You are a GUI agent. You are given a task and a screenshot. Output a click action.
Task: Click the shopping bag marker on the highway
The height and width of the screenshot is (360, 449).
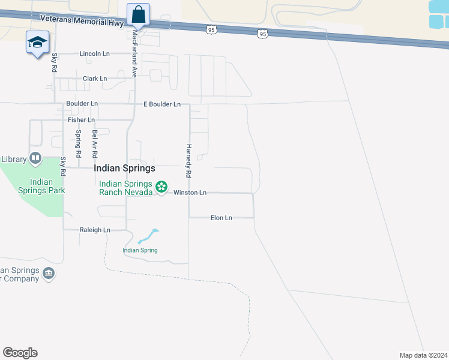138,14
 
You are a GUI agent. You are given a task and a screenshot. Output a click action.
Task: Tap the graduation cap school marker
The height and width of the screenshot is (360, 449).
37,42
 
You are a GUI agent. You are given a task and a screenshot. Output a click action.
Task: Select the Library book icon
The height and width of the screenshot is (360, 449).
35,158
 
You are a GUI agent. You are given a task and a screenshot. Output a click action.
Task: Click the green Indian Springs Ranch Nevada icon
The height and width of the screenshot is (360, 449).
161,187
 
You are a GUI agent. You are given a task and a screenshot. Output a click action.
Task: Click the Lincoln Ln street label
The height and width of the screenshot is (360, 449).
94,54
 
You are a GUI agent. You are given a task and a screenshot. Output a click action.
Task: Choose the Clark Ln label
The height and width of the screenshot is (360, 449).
94,79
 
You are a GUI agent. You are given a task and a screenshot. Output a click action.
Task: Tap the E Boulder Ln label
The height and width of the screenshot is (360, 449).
162,104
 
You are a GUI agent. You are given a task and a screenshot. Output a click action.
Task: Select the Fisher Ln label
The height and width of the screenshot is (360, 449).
80,120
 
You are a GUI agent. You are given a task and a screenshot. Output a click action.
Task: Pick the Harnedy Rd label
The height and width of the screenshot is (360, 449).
188,160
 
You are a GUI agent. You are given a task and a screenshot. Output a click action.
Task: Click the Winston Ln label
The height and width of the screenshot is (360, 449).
190,193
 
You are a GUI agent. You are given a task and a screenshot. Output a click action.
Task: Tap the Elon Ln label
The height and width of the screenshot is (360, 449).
221,218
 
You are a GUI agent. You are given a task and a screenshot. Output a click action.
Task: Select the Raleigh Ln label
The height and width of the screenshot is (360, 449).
95,230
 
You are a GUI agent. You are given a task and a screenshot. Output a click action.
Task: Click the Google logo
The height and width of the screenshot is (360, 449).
20,353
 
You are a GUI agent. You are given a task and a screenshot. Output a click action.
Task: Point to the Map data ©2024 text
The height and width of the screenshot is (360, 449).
423,355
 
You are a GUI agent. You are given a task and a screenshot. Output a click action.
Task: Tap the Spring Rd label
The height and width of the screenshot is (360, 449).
78,140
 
